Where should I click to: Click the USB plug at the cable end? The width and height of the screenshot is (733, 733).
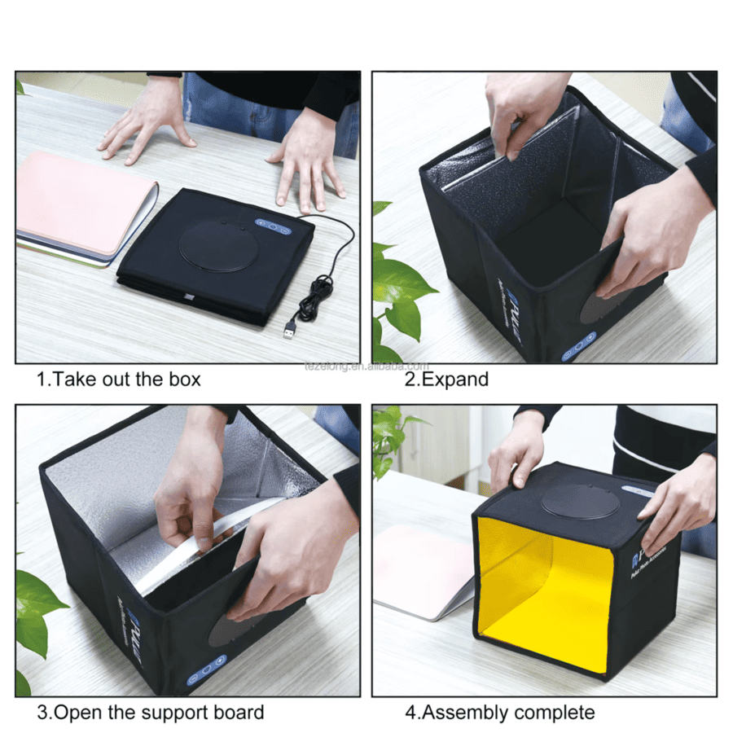[289, 328]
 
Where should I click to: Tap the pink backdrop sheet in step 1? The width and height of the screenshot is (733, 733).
[81, 204]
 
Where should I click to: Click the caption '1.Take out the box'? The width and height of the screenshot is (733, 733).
[118, 379]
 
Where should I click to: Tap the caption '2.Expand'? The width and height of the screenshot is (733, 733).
[446, 379]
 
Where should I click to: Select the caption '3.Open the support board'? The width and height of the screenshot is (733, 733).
[151, 713]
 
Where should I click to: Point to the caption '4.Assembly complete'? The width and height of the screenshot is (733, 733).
[500, 713]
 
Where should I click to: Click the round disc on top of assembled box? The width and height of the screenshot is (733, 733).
[580, 501]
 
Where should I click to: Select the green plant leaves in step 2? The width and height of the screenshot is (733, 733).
[395, 293]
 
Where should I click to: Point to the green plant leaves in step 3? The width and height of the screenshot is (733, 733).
[37, 611]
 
